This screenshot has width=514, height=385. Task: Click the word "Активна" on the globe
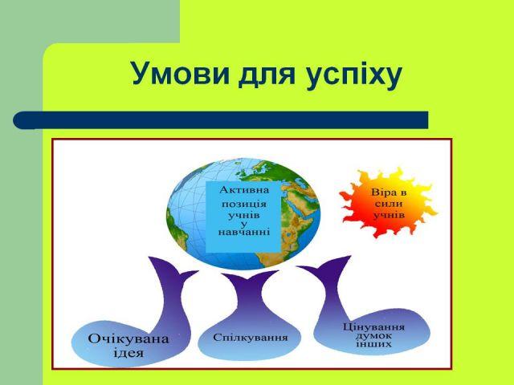click(244, 190)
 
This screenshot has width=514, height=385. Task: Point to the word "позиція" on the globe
click(244, 205)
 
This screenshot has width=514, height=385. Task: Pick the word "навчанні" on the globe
click(244, 232)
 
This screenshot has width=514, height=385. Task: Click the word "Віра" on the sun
click(389, 192)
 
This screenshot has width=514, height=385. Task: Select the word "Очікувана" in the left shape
click(128, 338)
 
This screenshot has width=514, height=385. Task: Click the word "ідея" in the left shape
click(128, 353)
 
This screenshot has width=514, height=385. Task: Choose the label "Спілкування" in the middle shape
click(250, 338)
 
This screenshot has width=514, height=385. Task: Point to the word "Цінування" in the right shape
click(373, 327)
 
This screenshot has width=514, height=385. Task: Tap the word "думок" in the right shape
click(373, 336)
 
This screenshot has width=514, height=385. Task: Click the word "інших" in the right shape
click(373, 344)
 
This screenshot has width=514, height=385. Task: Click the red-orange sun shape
click(389, 203)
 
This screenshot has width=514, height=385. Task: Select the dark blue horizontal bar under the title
click(221, 120)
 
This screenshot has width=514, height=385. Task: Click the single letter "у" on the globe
click(243, 224)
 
